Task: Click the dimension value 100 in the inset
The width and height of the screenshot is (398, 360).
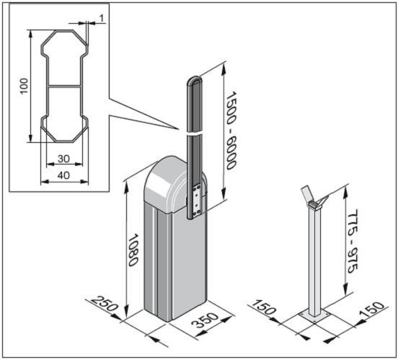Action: [24, 86]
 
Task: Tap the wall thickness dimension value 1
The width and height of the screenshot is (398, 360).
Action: [102, 18]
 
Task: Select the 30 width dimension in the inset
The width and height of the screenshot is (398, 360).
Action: [63, 159]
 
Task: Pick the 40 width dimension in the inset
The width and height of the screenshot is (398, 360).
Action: [63, 175]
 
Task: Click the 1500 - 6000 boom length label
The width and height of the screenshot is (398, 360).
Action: [231, 131]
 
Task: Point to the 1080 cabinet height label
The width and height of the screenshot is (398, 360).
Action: [133, 250]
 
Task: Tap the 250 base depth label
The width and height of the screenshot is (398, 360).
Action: [105, 304]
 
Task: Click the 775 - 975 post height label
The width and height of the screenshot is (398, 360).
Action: [353, 241]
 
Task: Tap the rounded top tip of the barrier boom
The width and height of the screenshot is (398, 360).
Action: [195, 77]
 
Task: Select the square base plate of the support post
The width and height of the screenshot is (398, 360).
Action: [314, 316]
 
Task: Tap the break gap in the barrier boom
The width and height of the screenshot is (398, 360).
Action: [194, 133]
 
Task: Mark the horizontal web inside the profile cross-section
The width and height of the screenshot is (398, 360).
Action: [64, 87]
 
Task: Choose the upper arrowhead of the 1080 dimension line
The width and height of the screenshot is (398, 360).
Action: [127, 184]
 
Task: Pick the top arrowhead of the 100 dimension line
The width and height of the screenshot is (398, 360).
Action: [30, 34]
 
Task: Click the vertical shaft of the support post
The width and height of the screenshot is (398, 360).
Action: [314, 262]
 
